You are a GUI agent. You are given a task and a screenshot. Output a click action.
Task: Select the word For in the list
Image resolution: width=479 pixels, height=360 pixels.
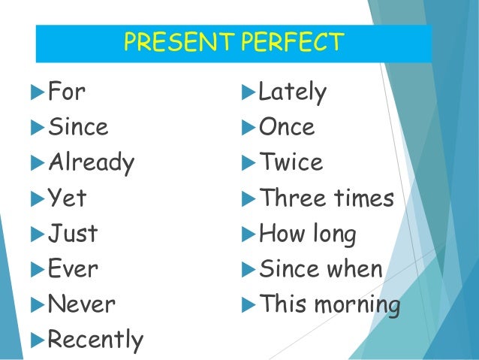66,92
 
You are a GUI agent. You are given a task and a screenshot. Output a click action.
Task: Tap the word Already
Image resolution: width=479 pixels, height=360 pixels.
91,163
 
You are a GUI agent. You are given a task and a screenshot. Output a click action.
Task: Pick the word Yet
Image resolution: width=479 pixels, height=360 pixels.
66,198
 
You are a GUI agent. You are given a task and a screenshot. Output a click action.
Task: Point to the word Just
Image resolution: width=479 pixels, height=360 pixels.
72,234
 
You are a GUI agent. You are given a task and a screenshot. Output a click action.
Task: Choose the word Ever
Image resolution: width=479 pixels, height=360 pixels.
72,269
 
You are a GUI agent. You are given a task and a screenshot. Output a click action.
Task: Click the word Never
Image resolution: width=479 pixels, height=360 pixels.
81,304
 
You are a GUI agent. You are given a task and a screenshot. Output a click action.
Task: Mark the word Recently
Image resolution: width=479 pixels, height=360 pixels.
95,340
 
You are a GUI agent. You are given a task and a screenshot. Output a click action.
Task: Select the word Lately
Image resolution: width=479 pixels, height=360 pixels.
292,92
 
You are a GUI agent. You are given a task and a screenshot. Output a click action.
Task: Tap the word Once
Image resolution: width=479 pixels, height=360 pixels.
286,128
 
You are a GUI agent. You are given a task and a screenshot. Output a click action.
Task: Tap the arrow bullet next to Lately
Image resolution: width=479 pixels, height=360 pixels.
247,92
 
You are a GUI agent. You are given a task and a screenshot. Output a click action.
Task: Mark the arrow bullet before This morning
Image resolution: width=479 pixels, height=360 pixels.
247,305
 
